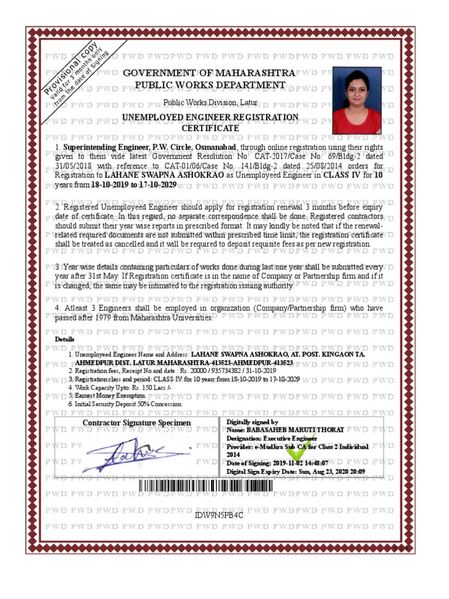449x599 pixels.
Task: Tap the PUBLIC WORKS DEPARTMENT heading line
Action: (x=210, y=85)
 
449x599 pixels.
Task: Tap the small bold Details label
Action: (x=64, y=339)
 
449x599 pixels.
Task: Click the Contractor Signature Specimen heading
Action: (x=136, y=423)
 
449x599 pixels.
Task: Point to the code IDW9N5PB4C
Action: (x=219, y=515)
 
